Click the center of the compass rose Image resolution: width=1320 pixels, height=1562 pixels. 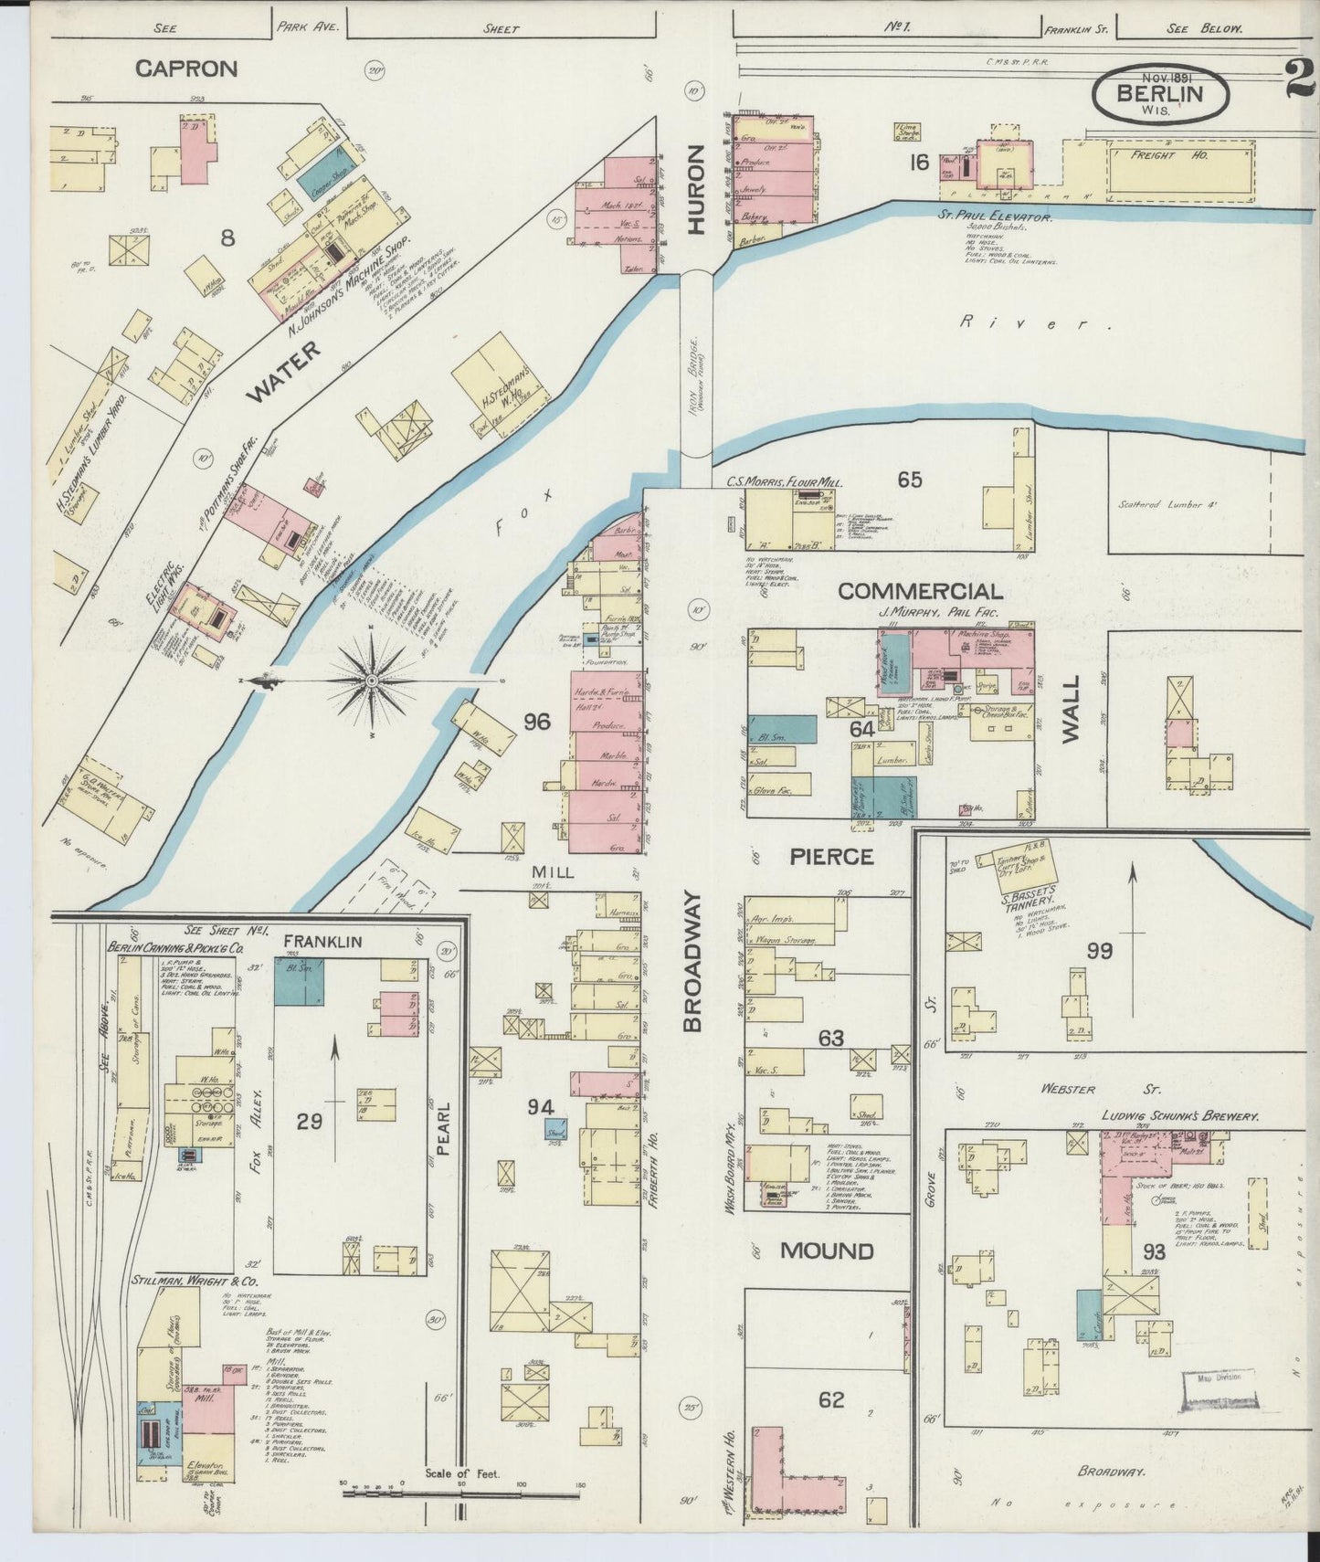tap(373, 681)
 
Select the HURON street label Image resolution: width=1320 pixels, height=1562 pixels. tap(697, 190)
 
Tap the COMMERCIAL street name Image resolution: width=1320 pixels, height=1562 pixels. tap(919, 592)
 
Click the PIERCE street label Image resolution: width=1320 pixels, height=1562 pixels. tap(831, 856)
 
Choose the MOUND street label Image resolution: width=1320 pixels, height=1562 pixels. tap(827, 1251)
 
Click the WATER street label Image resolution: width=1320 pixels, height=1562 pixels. tap(284, 375)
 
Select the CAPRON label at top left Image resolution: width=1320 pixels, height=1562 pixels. tap(186, 69)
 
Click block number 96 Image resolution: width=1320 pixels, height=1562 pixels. tap(537, 722)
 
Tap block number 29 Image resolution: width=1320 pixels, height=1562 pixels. tap(309, 1121)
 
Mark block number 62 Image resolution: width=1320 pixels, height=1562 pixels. tap(830, 1399)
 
